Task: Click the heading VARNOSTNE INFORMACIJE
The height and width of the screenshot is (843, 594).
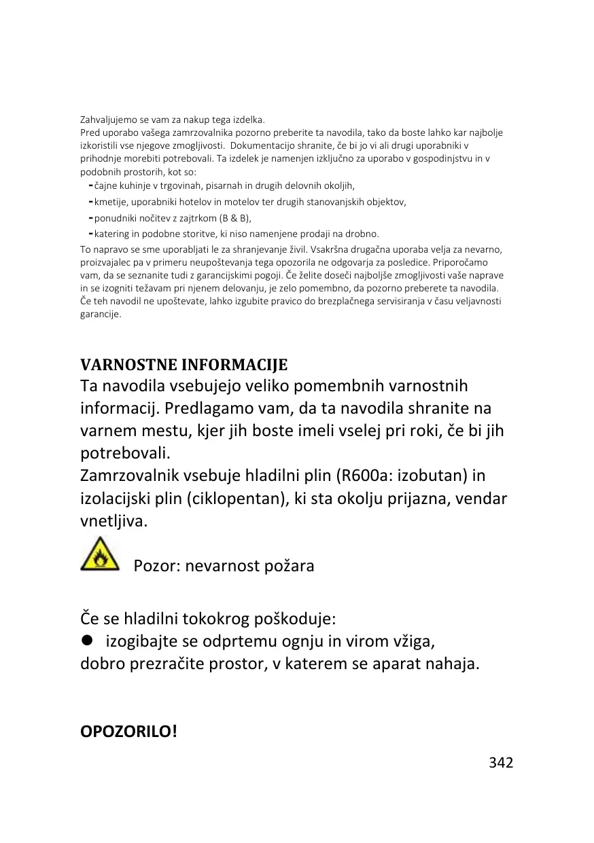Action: point(184,365)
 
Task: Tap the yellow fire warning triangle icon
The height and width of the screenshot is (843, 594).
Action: point(99,554)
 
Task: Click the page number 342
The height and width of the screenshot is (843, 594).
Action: point(501,762)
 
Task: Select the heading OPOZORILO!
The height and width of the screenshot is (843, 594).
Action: point(128,732)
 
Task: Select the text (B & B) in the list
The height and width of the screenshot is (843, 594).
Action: point(235,218)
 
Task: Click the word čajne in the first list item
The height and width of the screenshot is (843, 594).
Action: point(105,185)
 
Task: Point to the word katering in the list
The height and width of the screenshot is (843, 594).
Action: point(111,234)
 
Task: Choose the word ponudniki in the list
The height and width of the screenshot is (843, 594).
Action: point(115,218)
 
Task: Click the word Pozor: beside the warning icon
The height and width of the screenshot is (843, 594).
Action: point(157,566)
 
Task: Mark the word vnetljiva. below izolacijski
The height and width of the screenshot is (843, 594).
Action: point(113,522)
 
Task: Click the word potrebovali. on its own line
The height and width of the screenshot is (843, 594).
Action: point(126,452)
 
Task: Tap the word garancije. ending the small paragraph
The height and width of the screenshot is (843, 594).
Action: point(101,315)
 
